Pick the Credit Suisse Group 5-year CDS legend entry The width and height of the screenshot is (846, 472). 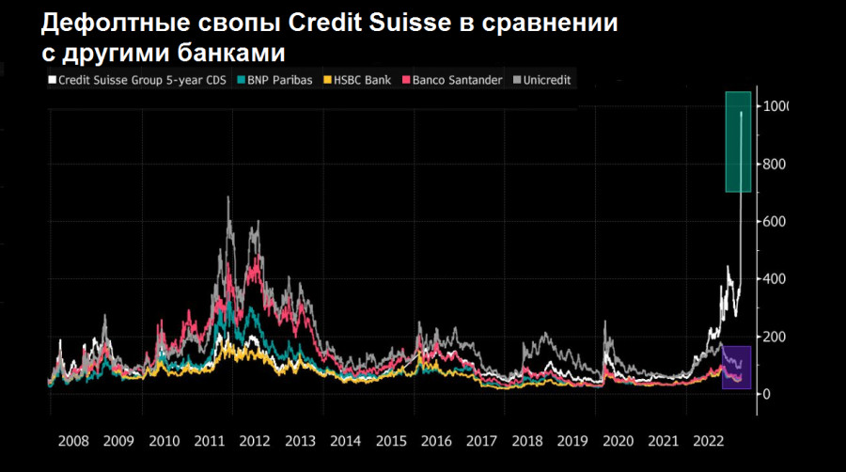point(138,80)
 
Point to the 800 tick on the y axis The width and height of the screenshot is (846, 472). point(774,165)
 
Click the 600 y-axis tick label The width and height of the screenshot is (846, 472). point(774,222)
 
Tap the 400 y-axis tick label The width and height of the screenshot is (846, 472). point(774,279)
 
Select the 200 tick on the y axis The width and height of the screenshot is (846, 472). point(774,337)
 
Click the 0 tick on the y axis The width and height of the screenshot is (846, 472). point(766,394)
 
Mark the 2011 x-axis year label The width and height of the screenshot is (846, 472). point(210,440)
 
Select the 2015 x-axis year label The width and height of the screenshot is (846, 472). point(391,440)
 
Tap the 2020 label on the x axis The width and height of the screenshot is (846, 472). point(619,440)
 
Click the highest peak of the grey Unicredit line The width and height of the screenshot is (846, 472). point(228,197)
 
